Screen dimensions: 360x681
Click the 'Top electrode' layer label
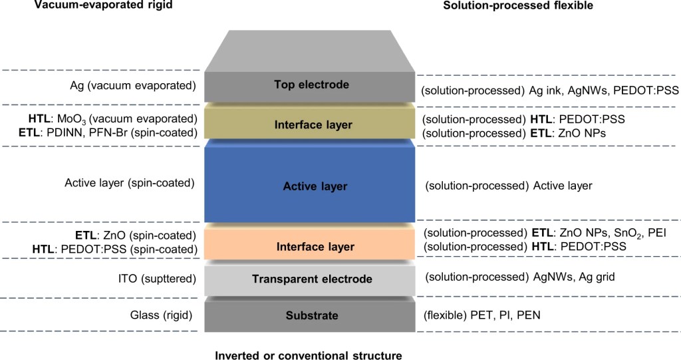(311, 85)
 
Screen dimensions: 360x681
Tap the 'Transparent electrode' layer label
(312, 279)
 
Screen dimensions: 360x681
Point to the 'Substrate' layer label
(312, 315)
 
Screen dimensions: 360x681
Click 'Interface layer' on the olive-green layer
(313, 124)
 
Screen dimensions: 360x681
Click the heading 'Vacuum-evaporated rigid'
(97, 5)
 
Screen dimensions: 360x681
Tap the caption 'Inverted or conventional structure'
(308, 355)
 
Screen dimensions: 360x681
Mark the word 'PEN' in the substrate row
(529, 314)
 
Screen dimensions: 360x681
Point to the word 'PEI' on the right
(666, 233)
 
